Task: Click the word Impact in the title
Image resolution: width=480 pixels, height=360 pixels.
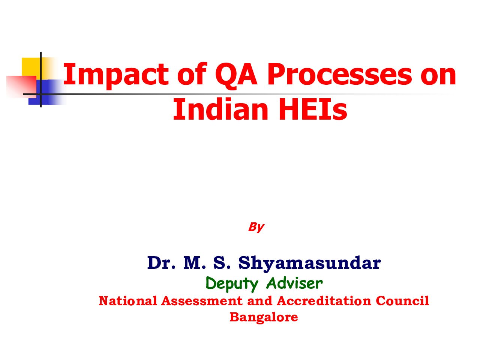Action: pos(116,75)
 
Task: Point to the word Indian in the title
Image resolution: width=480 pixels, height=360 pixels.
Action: pos(220,109)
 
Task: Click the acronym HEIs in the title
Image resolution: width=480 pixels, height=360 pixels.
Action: pos(313,109)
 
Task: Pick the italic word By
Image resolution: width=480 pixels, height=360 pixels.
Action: pos(256,227)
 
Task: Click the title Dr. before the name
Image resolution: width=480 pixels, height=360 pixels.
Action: pos(162,262)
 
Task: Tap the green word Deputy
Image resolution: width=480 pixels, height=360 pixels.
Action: pos(232,284)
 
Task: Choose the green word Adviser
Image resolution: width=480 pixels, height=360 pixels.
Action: pos(294,283)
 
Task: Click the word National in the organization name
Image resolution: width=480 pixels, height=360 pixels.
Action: pos(128,301)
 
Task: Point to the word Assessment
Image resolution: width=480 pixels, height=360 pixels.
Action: pos(202,301)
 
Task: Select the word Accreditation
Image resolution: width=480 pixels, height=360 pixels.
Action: pos(324,301)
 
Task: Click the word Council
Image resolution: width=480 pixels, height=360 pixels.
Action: pos(402,301)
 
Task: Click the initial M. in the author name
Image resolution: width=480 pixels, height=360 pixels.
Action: pos(195,262)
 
